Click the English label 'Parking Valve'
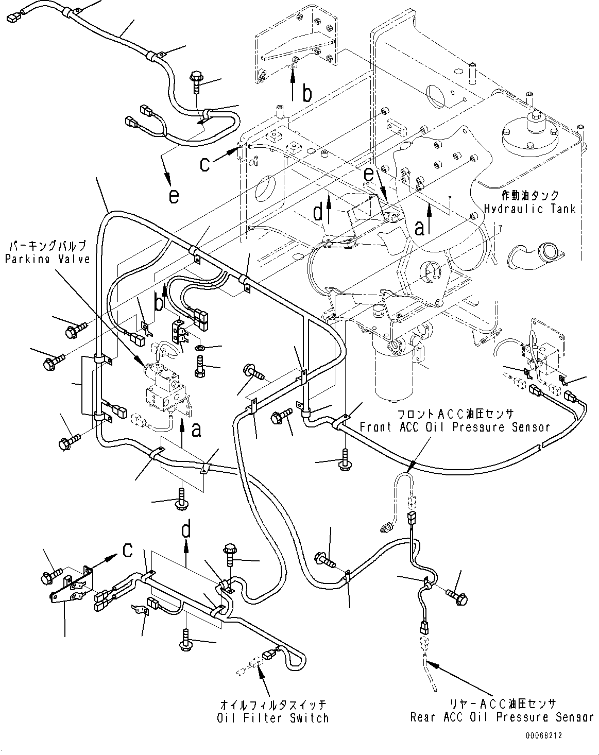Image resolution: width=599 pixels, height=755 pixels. click(47, 259)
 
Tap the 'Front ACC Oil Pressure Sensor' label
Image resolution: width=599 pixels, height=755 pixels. click(454, 427)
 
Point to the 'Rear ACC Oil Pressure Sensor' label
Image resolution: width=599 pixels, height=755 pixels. click(502, 717)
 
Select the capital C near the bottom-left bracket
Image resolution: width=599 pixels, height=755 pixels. click(127, 551)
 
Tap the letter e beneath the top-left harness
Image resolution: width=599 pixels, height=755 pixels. click(174, 196)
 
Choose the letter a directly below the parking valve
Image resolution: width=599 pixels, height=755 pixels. click(196, 430)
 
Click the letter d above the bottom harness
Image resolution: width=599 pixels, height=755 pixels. click(187, 528)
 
